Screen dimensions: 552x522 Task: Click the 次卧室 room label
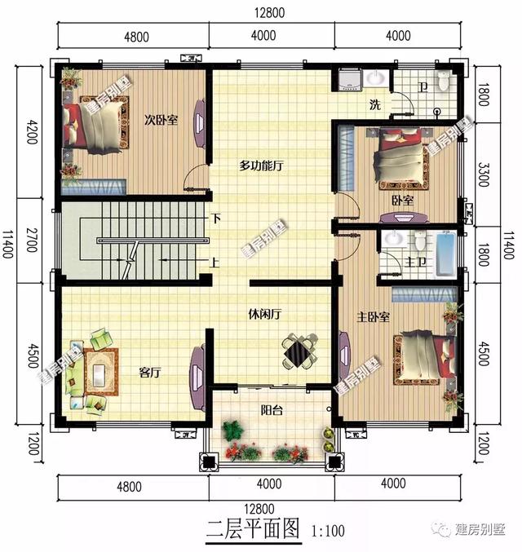[x=161, y=121]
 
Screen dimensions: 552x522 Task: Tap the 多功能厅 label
[x=260, y=165]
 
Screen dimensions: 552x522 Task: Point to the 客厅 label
[x=150, y=373]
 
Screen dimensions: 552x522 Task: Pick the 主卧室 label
[x=372, y=316]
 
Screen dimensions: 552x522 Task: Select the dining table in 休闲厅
[x=299, y=352]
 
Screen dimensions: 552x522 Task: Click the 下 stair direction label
[x=215, y=219]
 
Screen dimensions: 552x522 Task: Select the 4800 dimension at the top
[x=135, y=37]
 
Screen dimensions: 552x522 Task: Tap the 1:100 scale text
[x=328, y=532]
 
